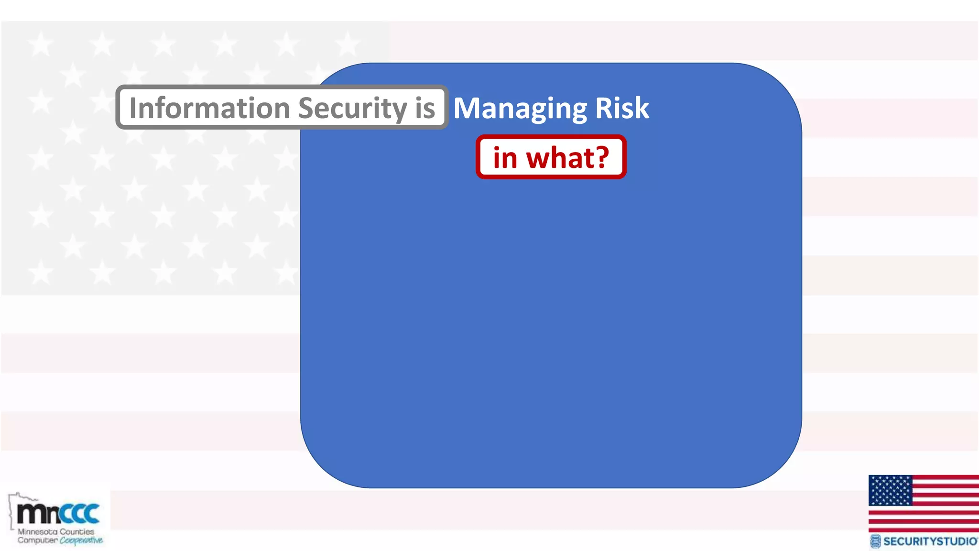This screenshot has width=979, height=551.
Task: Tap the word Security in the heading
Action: click(352, 108)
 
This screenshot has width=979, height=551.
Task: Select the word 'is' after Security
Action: click(425, 108)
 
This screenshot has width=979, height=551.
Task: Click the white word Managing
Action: click(520, 108)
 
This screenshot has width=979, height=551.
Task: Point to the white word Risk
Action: click(622, 108)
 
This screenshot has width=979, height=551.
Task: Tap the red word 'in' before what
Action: click(505, 158)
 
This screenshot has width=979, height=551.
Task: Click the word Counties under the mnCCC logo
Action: click(77, 531)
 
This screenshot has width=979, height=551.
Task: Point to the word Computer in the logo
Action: click(37, 540)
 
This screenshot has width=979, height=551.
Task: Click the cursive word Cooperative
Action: click(81, 540)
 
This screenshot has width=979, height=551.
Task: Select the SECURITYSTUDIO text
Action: click(930, 541)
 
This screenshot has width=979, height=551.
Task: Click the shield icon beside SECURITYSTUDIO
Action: click(875, 541)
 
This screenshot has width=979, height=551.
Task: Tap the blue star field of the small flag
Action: click(890, 490)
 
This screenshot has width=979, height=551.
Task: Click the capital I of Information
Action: click(133, 108)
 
